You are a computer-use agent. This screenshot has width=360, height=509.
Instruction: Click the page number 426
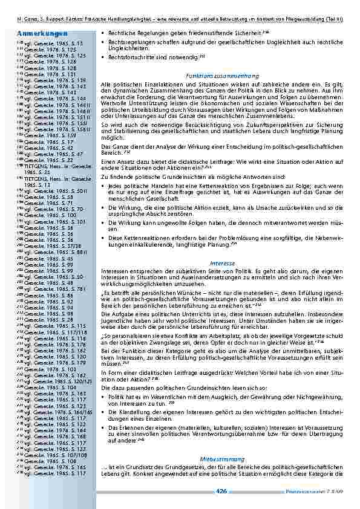pyautogui.click(x=221, y=491)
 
